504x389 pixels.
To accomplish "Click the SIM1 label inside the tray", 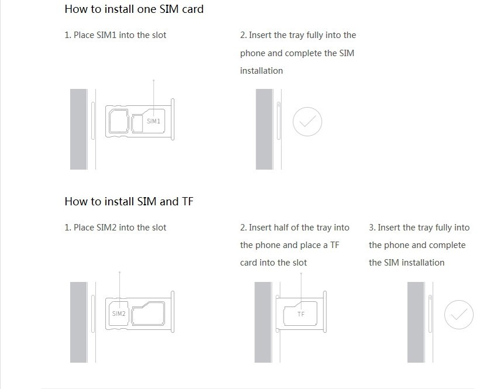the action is pos(153,121).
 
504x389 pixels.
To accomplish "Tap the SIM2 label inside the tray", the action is pos(119,314).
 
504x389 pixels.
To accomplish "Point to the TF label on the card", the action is pos(301,314).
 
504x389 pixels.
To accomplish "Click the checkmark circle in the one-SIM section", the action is pos(308,108).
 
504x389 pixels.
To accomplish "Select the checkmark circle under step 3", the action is pos(458,301).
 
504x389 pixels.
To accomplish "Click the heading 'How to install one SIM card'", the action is pos(134,9).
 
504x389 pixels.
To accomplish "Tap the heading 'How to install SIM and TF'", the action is pos(129,202).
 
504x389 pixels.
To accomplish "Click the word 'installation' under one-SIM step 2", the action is pos(261,71).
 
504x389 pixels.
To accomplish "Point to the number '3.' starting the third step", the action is pos(372,228).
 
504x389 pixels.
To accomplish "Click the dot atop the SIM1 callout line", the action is pos(154,80).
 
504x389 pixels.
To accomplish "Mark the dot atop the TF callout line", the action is pos(301,274).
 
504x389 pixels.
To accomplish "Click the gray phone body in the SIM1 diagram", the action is pos(78,129).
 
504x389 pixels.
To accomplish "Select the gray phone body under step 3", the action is pos(416,322).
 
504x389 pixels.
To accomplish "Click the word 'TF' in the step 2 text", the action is pos(334,245).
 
